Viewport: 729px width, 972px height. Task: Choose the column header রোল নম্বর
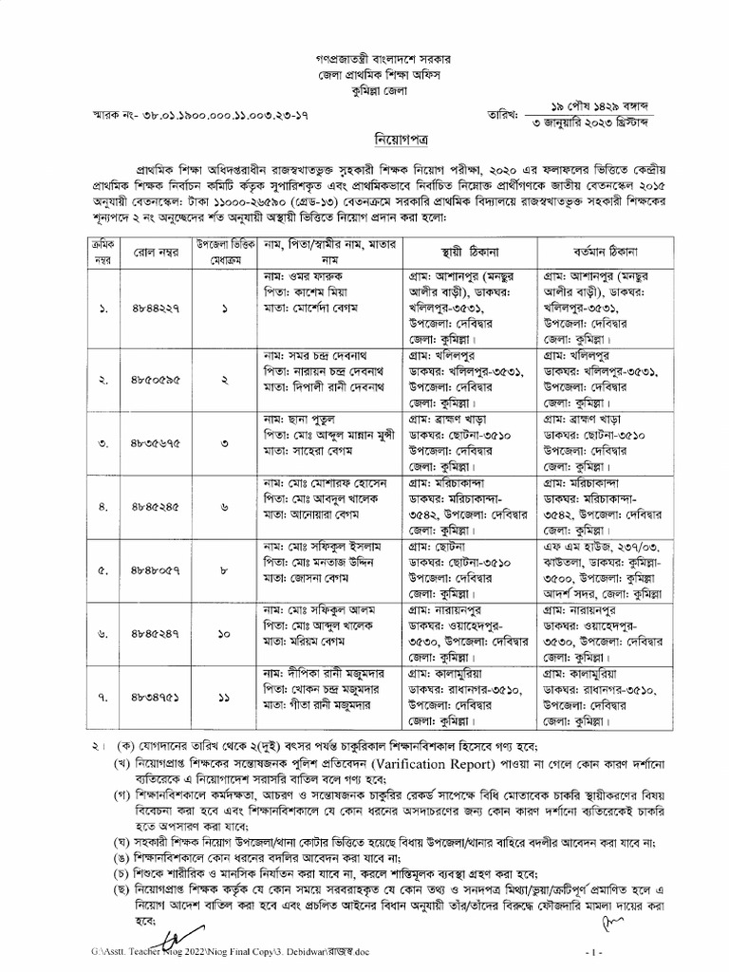155,252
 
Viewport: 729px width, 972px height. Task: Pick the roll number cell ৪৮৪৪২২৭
156,308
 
